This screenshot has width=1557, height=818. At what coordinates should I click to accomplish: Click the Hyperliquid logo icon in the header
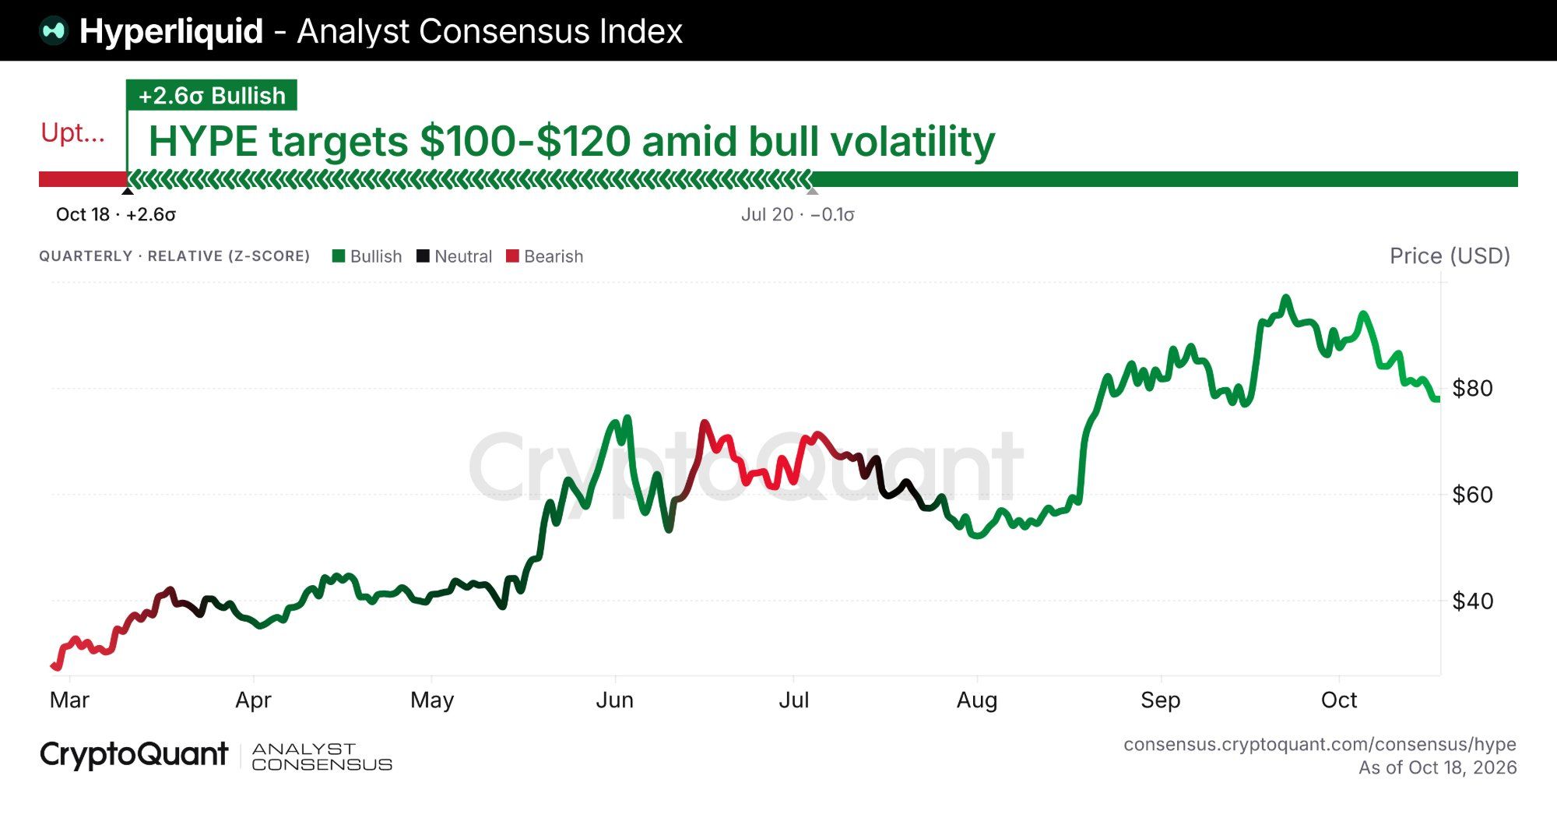54,31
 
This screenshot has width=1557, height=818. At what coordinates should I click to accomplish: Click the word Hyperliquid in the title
171,32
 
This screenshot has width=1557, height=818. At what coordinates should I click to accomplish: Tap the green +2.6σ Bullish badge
212,95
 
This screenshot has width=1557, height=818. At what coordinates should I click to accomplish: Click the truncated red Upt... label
72,133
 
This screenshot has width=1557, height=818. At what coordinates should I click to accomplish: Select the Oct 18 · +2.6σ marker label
116,214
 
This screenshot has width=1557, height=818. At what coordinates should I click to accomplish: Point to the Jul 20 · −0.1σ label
798,214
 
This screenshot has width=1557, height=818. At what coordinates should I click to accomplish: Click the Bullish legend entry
367,256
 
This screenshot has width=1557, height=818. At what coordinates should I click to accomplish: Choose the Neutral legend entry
455,256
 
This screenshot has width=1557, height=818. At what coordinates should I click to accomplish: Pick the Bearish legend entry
544,256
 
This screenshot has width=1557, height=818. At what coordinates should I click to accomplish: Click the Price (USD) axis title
1450,256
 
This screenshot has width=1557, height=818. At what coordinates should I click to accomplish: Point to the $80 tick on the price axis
1473,388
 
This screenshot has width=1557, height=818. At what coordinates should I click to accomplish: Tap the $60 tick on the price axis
1473,495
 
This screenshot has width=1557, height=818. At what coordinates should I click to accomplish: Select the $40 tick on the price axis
1473,601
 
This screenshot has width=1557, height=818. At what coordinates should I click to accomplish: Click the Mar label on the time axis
69,700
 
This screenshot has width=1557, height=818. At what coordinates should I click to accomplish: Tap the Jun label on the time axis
615,700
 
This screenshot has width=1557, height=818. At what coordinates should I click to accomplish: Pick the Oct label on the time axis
1339,700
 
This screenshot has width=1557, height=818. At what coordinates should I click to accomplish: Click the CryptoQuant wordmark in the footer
134,755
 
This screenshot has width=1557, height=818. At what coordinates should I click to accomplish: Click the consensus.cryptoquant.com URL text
1320,745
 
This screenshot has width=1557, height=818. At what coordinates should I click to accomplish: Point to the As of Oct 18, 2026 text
1438,767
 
